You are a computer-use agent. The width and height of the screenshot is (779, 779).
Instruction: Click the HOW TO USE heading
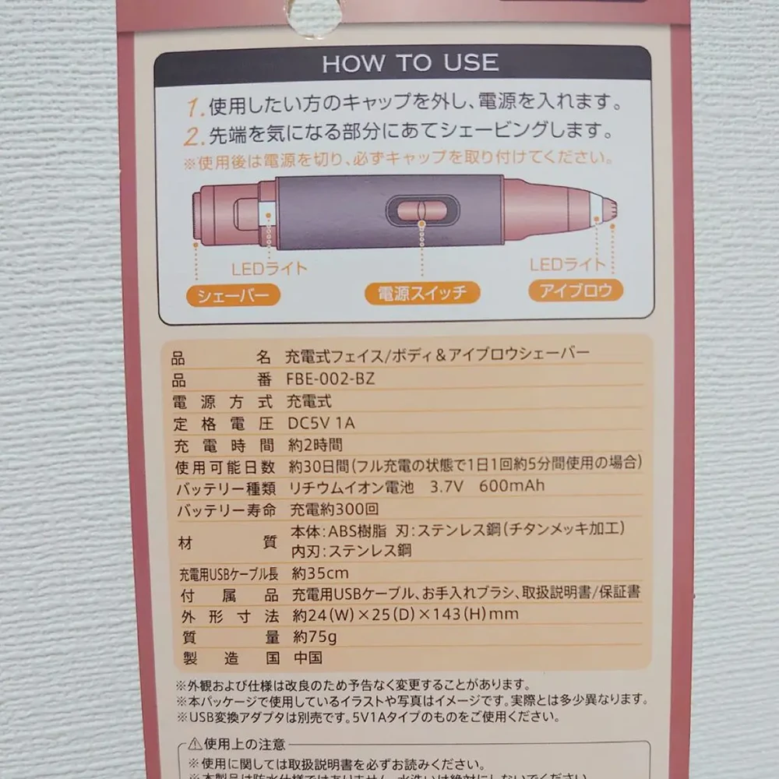pos(411,63)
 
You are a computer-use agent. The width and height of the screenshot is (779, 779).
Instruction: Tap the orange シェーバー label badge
pos(233,295)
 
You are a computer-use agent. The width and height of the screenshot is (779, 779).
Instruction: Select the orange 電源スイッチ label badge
pos(422,293)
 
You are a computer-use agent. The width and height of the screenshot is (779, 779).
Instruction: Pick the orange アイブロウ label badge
pos(576,290)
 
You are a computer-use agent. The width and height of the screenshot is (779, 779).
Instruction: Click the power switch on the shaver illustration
pos(423,210)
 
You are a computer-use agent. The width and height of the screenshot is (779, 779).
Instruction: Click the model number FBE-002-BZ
pos(330,379)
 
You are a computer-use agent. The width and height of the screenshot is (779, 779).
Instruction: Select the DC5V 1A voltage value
pos(321,423)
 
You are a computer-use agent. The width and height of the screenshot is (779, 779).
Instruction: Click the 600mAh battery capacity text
pos(512,485)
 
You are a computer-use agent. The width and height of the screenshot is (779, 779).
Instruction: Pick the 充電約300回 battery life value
pos(334,509)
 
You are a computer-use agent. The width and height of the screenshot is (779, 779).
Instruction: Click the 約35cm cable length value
pos(320,573)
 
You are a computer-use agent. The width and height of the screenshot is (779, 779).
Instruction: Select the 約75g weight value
pos(315,636)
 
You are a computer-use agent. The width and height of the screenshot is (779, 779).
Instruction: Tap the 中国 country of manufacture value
pos(308,657)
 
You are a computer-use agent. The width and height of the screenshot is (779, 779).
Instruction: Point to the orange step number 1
pos(194,108)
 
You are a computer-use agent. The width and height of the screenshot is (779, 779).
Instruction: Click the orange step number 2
pos(192,136)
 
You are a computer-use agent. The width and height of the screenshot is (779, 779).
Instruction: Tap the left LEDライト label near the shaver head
pos(270,269)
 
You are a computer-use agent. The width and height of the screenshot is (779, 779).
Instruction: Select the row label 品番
pos(221,380)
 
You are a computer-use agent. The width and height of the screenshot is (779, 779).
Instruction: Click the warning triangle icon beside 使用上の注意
pos(195,744)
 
